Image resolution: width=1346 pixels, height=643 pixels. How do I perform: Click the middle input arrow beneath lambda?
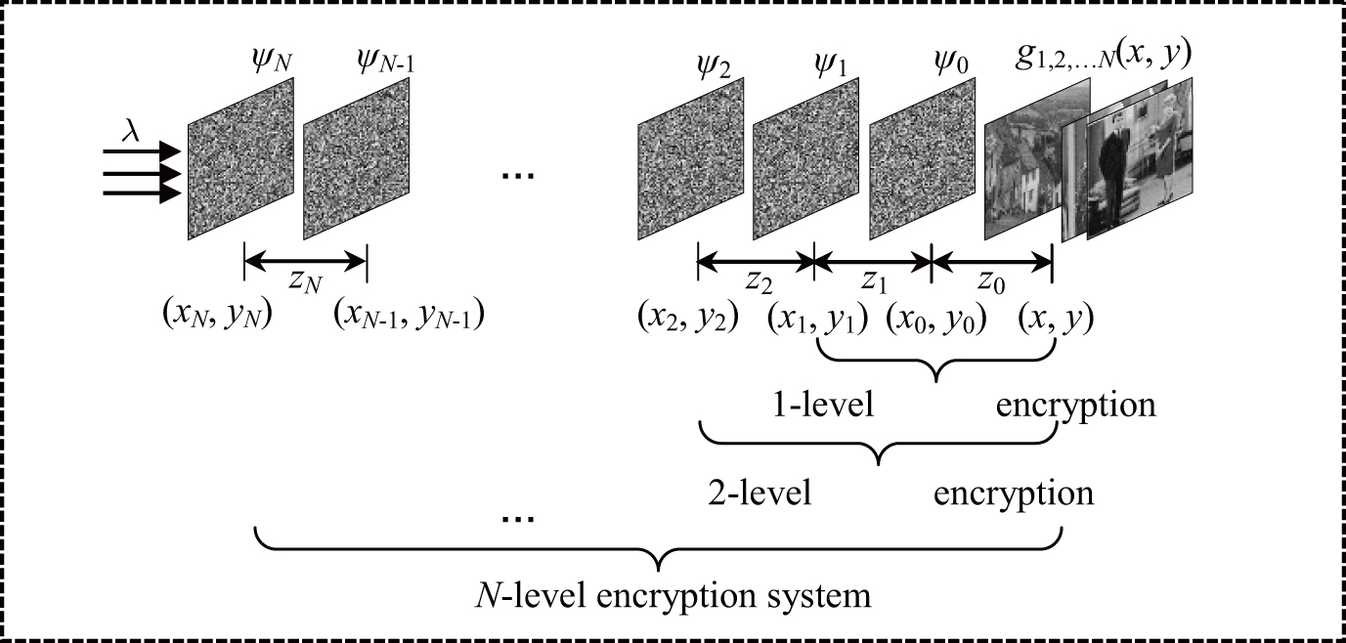(142, 174)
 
